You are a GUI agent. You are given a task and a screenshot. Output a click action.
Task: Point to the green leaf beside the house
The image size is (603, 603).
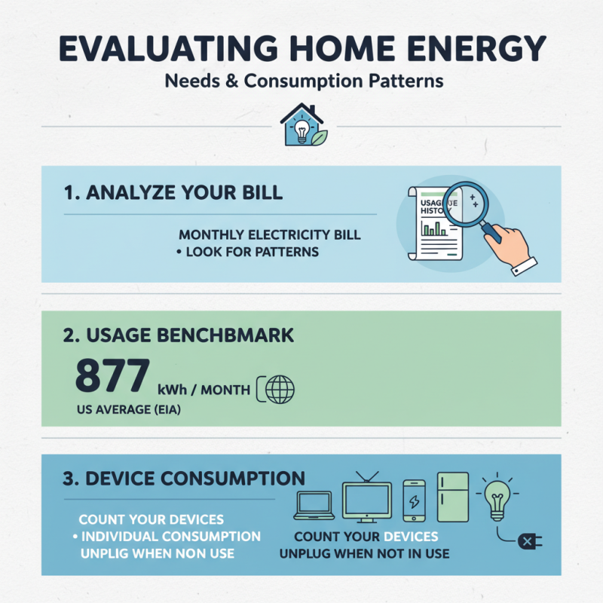[320, 137]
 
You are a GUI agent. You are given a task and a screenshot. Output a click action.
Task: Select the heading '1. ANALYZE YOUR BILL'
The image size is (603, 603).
[173, 192]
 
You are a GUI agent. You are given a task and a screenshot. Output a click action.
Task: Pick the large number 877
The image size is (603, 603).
[112, 376]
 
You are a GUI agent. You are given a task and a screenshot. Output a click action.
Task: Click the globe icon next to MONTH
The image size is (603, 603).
[281, 390]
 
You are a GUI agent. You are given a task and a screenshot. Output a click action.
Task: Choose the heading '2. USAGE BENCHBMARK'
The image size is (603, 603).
[177, 334]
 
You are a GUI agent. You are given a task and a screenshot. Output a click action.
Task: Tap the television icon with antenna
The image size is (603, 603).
[366, 498]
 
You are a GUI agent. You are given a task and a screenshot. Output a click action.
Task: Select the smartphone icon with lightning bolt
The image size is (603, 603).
[415, 500]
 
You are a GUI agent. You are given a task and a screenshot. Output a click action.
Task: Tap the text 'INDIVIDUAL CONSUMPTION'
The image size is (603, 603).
[170, 537]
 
